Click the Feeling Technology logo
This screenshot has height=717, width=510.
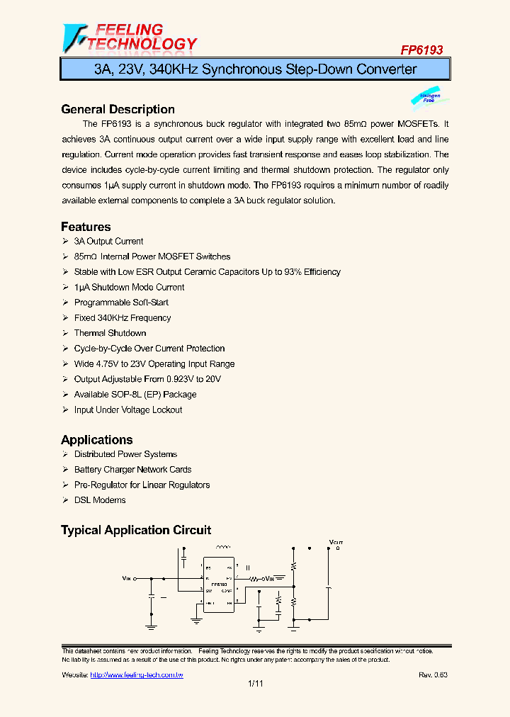[129, 38]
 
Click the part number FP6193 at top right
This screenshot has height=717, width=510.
[421, 50]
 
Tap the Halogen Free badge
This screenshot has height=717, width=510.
[429, 98]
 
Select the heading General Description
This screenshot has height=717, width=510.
[118, 109]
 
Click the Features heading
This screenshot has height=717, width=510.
[86, 227]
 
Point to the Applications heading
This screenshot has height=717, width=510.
[96, 439]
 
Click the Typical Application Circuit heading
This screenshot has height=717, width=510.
[136, 530]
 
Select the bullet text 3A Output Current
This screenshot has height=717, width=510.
[108, 242]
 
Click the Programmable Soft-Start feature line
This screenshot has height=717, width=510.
[121, 303]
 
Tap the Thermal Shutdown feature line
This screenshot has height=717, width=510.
[110, 333]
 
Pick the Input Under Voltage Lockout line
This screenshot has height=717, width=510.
[127, 410]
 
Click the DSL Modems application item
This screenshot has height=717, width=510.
[100, 500]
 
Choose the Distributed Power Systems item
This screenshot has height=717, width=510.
[125, 454]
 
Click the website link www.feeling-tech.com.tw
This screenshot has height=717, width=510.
[137, 675]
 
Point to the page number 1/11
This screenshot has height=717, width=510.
[255, 684]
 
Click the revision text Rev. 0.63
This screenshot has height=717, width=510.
[433, 675]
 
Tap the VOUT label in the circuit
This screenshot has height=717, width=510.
[336, 543]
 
